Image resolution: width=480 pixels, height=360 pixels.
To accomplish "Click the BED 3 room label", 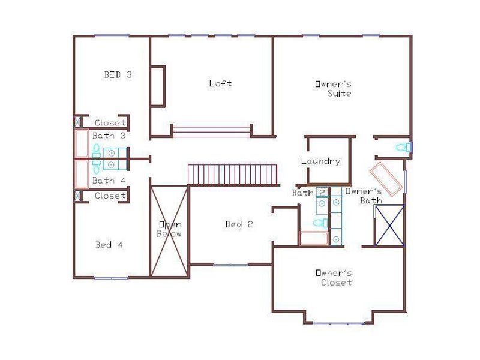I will tap(118, 75).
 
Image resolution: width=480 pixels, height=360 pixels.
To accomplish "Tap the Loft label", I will tap(220, 83).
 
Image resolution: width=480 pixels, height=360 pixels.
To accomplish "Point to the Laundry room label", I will tap(320, 161).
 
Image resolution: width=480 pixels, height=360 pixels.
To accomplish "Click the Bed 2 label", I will tap(239, 224).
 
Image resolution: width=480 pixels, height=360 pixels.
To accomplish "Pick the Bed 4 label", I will tap(109, 245).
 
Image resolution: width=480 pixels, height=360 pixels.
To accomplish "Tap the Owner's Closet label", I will tap(334, 277).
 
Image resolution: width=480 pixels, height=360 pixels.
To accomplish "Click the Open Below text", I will tap(169, 229).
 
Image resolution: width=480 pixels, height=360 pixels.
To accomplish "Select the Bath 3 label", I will tap(109, 136).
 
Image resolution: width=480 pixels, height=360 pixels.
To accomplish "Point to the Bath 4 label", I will tap(109, 180).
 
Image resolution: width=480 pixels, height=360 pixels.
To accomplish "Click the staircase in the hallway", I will tap(233, 175).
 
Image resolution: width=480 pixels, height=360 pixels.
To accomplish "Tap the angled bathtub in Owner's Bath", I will tap(385, 179).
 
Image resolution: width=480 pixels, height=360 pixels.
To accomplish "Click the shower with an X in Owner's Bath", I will tap(389, 225).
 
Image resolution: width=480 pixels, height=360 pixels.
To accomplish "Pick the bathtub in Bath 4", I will tap(81, 173).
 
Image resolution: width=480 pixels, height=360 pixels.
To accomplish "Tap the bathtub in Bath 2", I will tap(313, 238).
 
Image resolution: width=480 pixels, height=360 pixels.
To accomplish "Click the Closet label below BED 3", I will tap(110, 123).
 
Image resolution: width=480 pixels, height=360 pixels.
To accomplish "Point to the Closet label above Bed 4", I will tap(110, 196).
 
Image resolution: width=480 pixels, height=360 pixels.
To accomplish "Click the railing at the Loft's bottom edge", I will tap(211, 131).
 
